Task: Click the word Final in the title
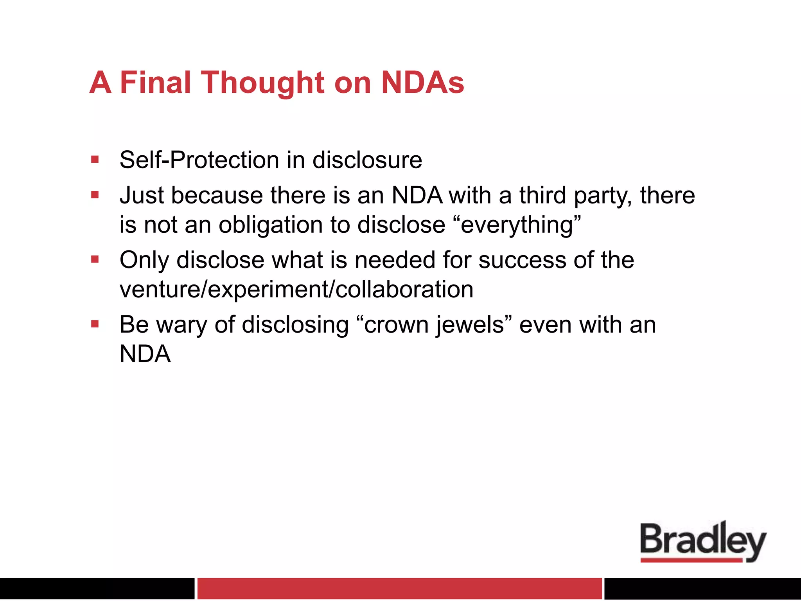155,83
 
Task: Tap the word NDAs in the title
422,83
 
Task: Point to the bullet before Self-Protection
95,160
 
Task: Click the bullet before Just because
95,195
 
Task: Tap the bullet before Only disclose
95,259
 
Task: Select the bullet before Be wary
95,324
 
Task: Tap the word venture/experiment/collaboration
296,290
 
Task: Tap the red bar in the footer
399,588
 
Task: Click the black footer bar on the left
97,588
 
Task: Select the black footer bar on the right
702,588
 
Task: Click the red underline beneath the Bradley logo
691,560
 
